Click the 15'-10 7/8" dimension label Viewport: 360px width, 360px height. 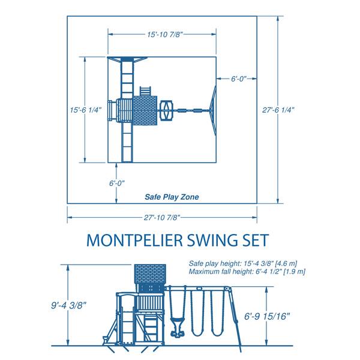point(165,34)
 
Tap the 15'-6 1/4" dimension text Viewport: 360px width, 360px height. point(86,110)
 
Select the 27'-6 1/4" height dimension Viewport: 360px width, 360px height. point(278,110)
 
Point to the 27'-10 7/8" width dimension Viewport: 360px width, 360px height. point(162,217)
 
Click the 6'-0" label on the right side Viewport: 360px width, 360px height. point(239,79)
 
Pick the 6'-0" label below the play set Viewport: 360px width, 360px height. point(117,183)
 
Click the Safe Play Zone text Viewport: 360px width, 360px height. point(172,197)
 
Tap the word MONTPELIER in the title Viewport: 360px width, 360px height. point(135,240)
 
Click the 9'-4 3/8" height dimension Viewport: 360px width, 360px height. point(68,305)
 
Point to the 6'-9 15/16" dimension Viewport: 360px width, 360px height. point(267,316)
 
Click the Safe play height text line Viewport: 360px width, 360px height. point(243,263)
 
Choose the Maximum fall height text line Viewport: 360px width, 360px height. point(247,271)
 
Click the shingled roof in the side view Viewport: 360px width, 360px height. point(150,274)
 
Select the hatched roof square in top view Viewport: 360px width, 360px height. point(145,110)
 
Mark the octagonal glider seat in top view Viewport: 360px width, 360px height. point(166,110)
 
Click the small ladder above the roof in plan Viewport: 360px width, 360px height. point(146,91)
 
